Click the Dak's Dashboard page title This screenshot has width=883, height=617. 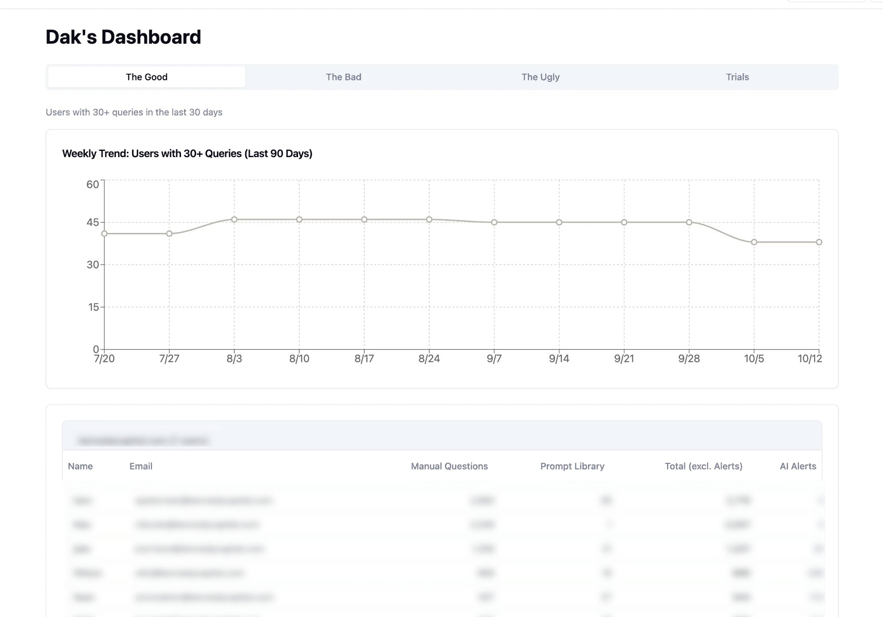[x=123, y=37]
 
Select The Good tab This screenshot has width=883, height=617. [x=147, y=77]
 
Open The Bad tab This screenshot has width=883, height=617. [x=343, y=77]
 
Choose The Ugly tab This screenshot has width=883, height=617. [x=540, y=77]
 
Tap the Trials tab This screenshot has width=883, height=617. [x=737, y=77]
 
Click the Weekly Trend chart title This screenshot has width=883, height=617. [x=187, y=154]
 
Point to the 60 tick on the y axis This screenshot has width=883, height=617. [x=93, y=184]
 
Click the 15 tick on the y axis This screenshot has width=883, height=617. [x=93, y=307]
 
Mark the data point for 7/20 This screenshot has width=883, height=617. [x=104, y=233]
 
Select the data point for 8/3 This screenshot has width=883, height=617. [x=234, y=219]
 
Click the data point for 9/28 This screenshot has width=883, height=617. [x=689, y=222]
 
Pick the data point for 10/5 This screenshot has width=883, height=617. [x=754, y=242]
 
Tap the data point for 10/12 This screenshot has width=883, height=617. [x=819, y=242]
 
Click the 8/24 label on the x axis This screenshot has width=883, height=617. [x=429, y=359]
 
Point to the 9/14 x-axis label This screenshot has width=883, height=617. [x=559, y=359]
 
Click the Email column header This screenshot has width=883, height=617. [x=141, y=467]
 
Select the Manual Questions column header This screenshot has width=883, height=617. [x=449, y=467]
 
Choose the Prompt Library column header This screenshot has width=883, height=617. [x=572, y=467]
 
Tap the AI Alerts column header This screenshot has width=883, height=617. [x=798, y=467]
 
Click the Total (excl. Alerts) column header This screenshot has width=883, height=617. [x=703, y=467]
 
